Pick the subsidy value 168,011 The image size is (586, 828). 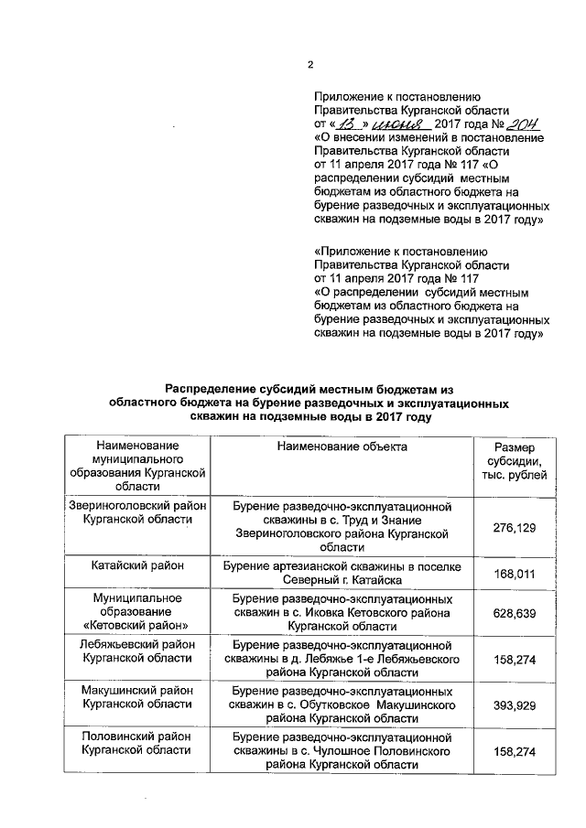click(514, 574)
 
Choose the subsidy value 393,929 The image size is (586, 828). click(514, 707)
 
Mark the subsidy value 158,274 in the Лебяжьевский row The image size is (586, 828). click(514, 661)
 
